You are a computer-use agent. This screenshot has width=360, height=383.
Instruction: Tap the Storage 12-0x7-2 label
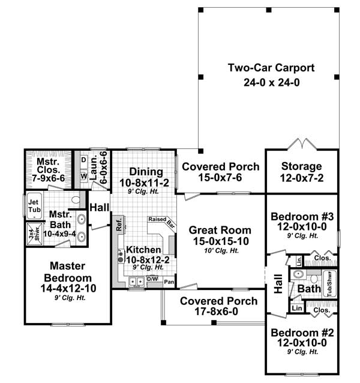(302, 166)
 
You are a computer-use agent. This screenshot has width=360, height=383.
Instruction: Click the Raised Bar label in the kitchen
(163, 222)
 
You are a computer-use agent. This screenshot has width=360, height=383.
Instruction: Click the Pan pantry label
(169, 282)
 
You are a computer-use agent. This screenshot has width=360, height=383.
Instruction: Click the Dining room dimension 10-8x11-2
(144, 182)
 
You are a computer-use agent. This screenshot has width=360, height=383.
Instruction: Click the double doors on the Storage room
(302, 145)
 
